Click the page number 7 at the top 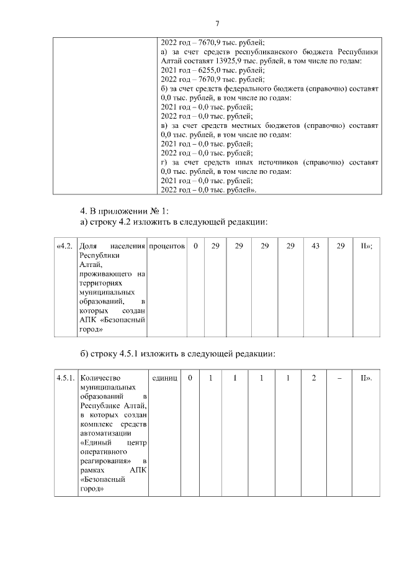coord(217,24)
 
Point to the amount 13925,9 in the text coord(228,61)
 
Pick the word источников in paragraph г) coord(272,162)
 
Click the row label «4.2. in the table coord(65,247)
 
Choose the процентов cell coord(167,247)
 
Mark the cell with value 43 coord(315,247)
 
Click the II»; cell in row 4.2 coord(366,247)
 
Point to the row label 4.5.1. coord(65,378)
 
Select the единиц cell coord(164,378)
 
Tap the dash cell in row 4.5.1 coord(339,378)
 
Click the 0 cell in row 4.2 coord(195,247)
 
